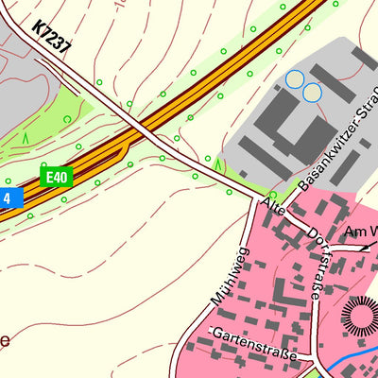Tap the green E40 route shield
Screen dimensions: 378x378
point(56,177)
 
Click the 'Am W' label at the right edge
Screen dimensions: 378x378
point(361,232)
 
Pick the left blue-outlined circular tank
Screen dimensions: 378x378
point(296,79)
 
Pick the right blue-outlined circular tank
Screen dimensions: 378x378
point(312,92)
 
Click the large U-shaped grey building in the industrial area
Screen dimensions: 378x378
point(275,118)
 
